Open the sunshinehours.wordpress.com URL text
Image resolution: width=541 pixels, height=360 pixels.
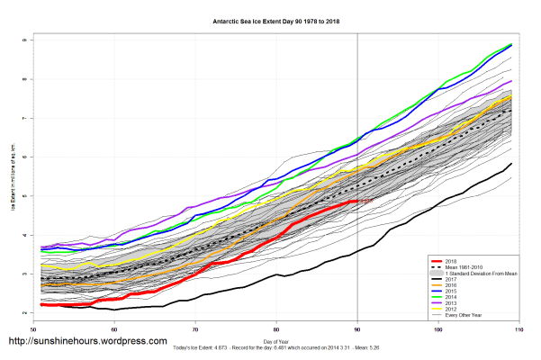pos(87,342)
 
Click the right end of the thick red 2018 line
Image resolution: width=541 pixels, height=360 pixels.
pos(358,201)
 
